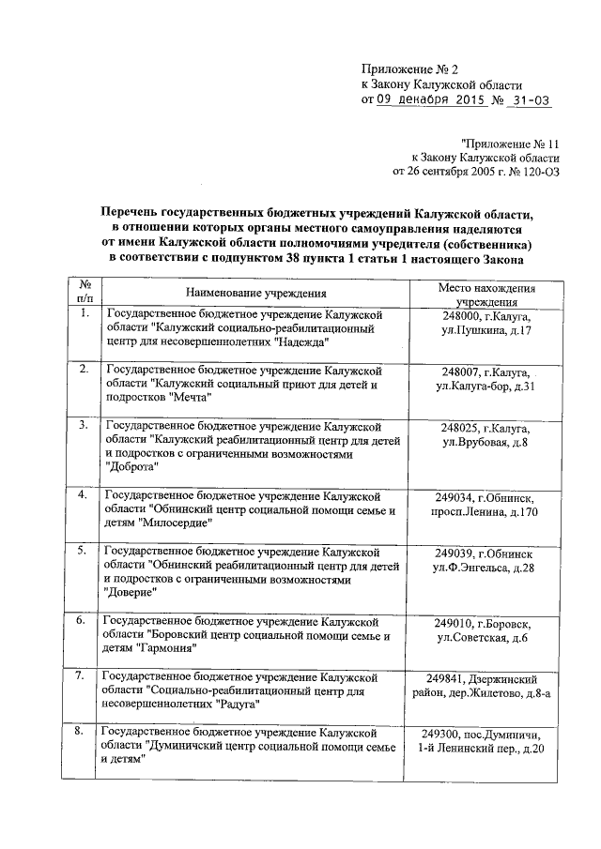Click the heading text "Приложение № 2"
coord(409,69)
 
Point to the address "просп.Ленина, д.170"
coord(485,511)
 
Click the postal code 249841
coord(445,678)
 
